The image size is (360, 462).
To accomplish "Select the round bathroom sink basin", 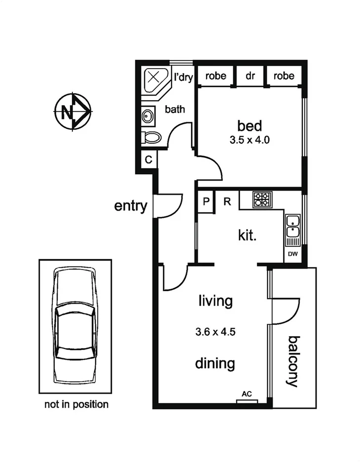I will coord(147,116).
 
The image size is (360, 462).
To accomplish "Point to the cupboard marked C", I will coord(148,160).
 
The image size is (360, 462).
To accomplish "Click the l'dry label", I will coord(183,77).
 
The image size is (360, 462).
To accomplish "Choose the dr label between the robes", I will coord(250,76).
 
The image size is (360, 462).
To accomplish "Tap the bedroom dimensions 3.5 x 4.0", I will coord(250,140).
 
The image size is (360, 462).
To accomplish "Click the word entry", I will coord(131,206).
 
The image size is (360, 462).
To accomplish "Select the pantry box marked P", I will coord(206,201).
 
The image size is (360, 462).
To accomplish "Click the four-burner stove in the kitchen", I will coord(262,199).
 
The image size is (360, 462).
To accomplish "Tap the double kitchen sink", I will coord(292,227).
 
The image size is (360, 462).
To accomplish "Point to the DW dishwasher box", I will coord(292,254).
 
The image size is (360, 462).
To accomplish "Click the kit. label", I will coord(248,235).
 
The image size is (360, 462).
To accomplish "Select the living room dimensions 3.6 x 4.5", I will coord(215,332).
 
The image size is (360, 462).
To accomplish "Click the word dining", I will coord(215,364).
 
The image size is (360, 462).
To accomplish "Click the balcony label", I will coord(294,361).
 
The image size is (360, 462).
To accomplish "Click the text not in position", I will coord(76,405).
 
